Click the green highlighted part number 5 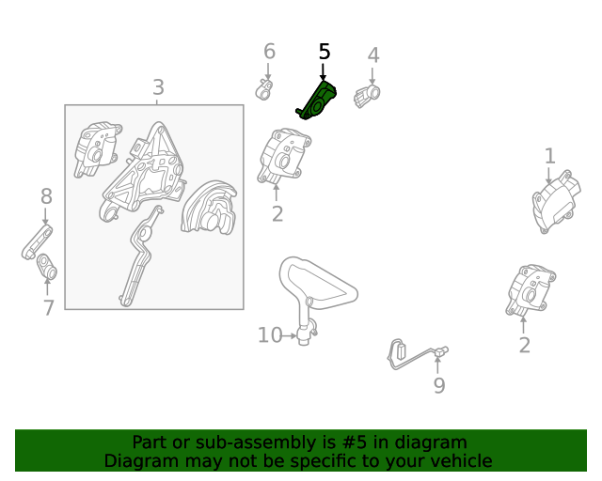click(317, 101)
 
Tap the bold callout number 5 click(325, 52)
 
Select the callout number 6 click(269, 51)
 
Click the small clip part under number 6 click(264, 90)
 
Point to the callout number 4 click(373, 55)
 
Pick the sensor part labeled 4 click(367, 97)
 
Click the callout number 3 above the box click(158, 87)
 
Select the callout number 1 click(550, 156)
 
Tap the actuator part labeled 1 click(556, 202)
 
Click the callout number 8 click(46, 196)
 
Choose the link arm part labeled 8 click(37, 242)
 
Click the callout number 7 click(48, 307)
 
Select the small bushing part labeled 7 click(47, 267)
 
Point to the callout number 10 click(270, 335)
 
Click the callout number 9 click(439, 385)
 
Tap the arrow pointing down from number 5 click(323, 72)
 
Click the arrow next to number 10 click(290, 336)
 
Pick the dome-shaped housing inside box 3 click(209, 207)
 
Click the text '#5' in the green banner click(354, 442)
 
